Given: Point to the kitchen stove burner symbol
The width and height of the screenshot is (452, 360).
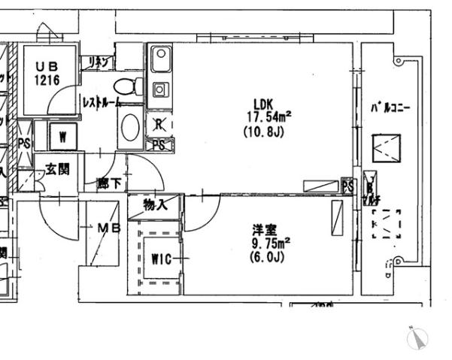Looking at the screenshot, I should [x=160, y=89].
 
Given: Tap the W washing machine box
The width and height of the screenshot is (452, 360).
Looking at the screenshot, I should [x=63, y=137].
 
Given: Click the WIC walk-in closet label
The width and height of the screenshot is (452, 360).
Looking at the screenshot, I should [x=162, y=259].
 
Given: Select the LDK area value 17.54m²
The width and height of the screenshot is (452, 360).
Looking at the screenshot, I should [x=268, y=116].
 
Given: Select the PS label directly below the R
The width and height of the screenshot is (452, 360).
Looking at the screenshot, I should [x=159, y=145].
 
